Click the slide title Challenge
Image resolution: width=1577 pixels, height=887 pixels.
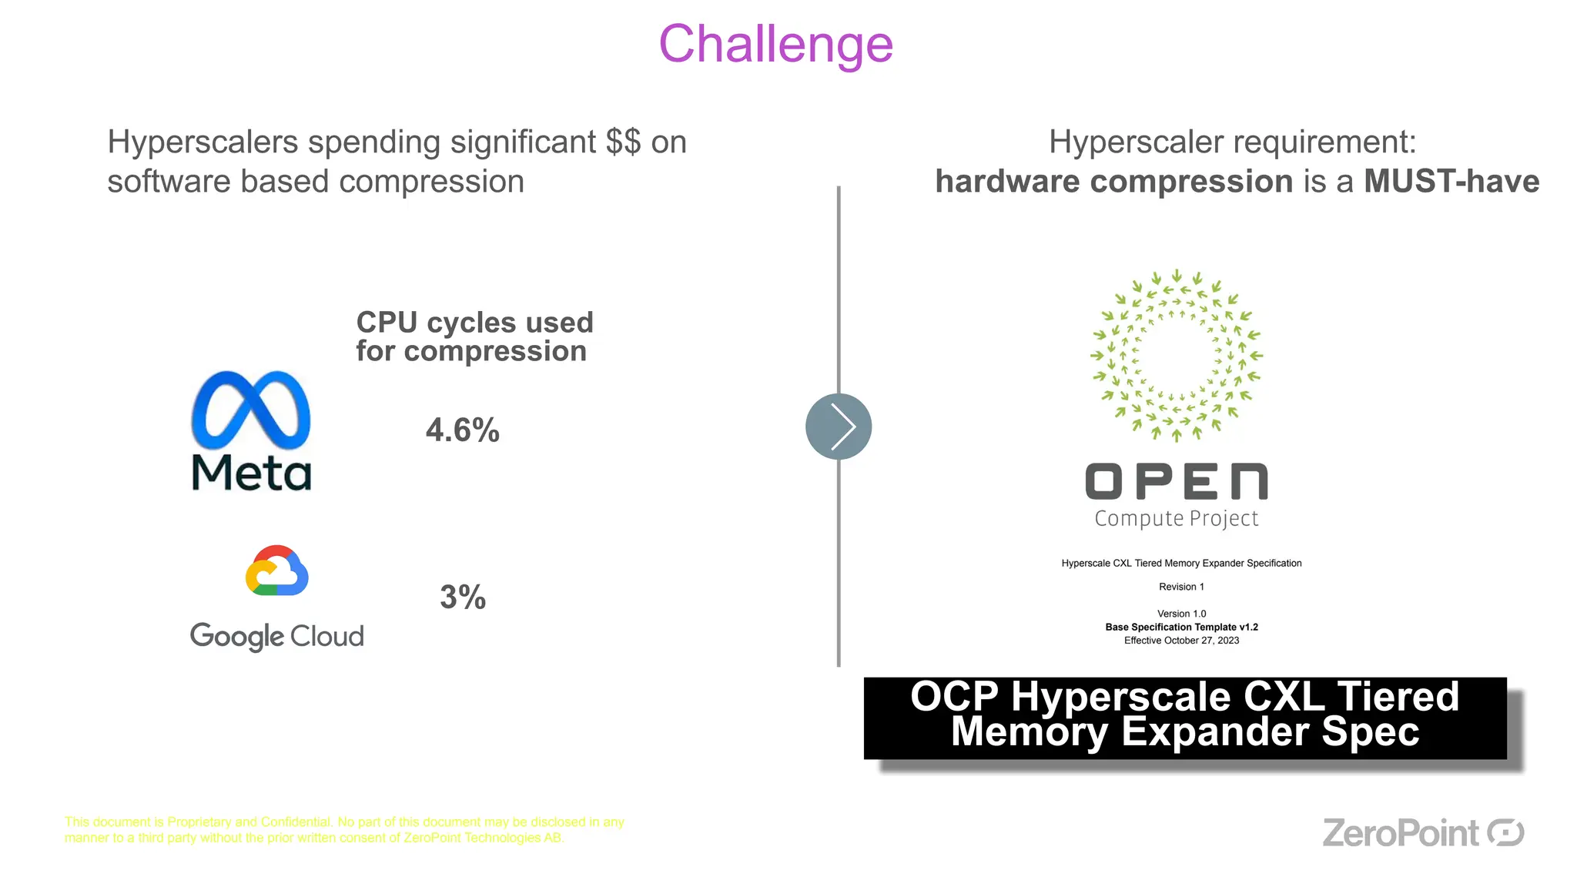pos(775,45)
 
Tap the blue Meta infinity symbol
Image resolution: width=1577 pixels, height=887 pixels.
pos(251,410)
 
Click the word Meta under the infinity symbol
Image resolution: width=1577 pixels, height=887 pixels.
pos(251,472)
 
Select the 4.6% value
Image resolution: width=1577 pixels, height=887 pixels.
pos(463,430)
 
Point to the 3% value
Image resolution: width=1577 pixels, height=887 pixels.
pos(463,597)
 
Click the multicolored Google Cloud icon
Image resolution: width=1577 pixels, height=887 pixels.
pos(277,571)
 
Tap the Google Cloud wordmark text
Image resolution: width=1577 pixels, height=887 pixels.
pos(277,637)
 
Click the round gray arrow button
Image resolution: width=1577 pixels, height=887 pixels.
pos(839,427)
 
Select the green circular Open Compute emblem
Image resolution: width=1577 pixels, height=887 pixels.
pos(1177,355)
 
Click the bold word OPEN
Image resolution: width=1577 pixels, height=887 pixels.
pos(1177,482)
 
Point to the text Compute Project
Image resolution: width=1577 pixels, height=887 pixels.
pos(1177,519)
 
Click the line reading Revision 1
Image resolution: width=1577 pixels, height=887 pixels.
pos(1181,587)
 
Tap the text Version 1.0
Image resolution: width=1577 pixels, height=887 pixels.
pos(1181,614)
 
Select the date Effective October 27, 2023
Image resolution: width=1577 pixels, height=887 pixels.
pos(1181,641)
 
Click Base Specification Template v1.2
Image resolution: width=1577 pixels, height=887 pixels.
pos(1181,628)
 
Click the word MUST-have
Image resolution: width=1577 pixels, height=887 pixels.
pos(1451,182)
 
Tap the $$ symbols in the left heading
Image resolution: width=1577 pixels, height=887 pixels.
pos(623,142)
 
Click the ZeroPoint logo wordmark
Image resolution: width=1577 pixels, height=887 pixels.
pos(1400,833)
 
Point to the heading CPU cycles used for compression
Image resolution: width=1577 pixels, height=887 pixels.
pos(474,336)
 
